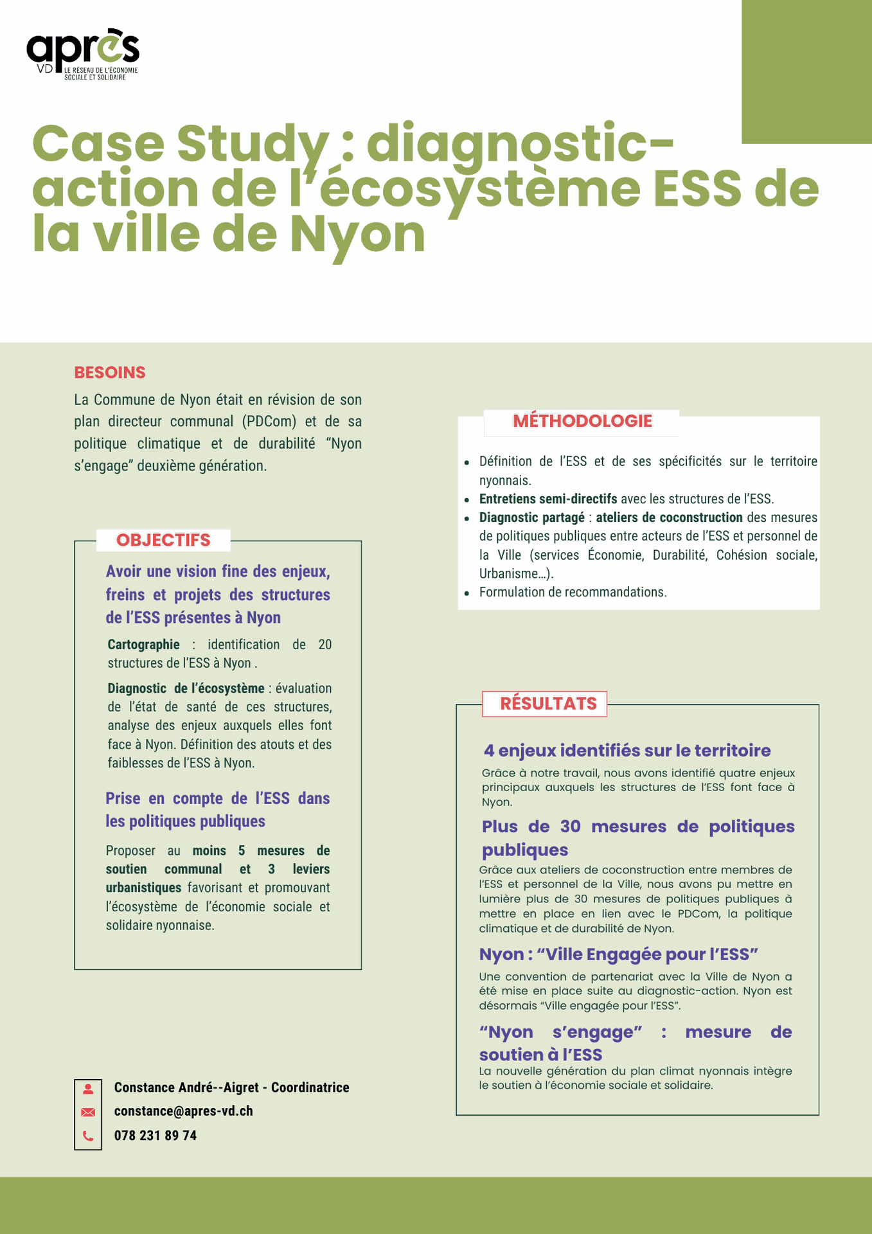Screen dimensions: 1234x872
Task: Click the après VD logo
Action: point(82,54)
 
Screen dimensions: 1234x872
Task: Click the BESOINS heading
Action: point(110,372)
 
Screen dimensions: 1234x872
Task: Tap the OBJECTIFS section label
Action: point(163,540)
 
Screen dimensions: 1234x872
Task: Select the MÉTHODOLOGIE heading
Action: point(582,421)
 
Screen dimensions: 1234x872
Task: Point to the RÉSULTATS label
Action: point(548,703)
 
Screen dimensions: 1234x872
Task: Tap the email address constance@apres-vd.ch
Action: point(183,1111)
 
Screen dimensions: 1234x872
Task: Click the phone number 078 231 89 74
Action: point(156,1136)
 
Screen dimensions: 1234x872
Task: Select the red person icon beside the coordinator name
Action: point(88,1089)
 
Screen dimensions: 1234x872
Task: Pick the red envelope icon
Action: point(88,1113)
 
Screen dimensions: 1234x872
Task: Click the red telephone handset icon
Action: point(88,1136)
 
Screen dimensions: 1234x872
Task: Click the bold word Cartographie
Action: point(143,645)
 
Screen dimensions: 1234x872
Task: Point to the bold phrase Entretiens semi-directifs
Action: point(547,499)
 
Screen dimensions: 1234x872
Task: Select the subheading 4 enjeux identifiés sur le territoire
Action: point(627,751)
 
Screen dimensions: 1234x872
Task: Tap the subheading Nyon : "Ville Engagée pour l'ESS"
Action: point(618,954)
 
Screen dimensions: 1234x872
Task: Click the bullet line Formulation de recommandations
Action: point(573,592)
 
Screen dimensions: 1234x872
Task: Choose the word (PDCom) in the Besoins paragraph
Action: point(269,422)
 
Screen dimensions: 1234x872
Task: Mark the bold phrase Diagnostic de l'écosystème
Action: point(186,688)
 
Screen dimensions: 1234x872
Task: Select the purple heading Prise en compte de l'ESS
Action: point(217,798)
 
